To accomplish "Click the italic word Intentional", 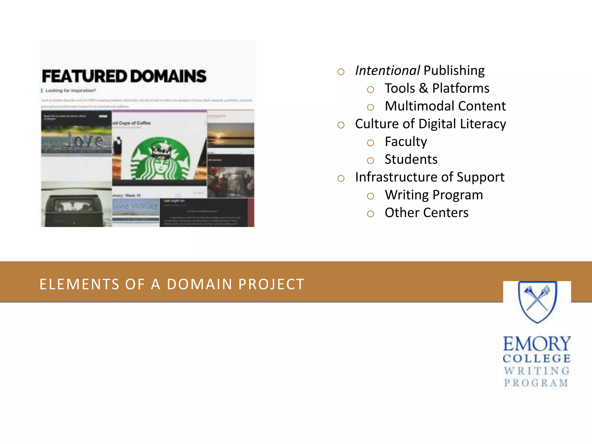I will click(387, 71).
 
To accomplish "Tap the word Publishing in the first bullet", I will click(454, 71).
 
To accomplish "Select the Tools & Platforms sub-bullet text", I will click(437, 88).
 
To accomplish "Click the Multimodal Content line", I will click(445, 106).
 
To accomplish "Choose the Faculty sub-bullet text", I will click(406, 142).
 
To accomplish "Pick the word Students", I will click(411, 160).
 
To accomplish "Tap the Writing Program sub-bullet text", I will click(434, 195).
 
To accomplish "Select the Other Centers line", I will click(426, 213).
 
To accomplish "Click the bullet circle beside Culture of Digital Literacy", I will click(341, 125).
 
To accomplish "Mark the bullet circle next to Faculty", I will click(370, 143).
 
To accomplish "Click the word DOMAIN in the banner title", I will click(200, 284).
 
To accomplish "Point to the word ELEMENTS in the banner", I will click(79, 284).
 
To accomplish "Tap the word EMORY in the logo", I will click(537, 344).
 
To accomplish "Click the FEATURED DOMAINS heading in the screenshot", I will click(124, 76).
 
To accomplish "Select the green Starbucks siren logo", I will click(161, 158).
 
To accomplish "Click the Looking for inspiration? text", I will click(71, 90).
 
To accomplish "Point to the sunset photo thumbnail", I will click(231, 135).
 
